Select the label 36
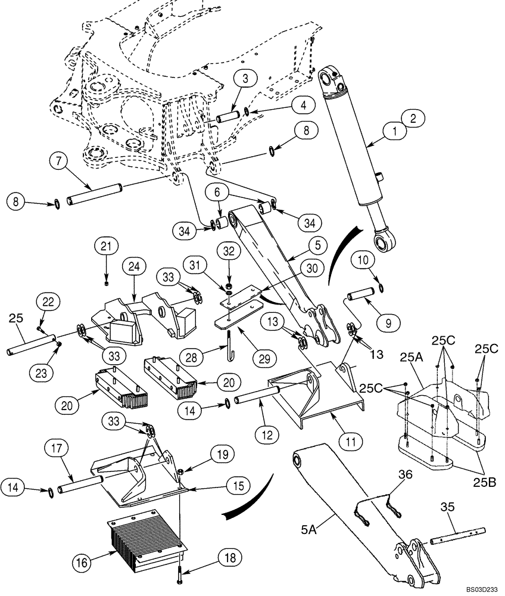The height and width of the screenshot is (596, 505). pyautogui.click(x=405, y=474)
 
